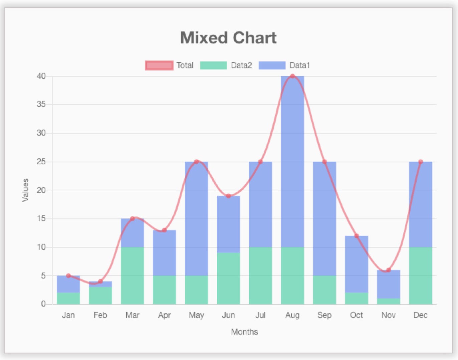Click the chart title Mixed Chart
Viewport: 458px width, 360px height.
click(x=228, y=38)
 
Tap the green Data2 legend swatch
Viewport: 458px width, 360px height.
click(x=213, y=65)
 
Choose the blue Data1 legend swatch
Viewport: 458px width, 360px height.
click(x=272, y=65)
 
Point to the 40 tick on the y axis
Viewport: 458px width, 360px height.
click(x=41, y=76)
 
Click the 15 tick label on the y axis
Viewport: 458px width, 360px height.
click(x=41, y=219)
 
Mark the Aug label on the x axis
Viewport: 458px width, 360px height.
click(x=292, y=315)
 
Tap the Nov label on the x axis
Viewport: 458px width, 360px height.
click(x=388, y=315)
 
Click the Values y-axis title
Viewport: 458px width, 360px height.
click(x=25, y=190)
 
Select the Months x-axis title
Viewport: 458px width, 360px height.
click(x=244, y=332)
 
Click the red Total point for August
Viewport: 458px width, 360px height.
click(x=292, y=76)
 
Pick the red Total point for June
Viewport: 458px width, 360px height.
click(x=228, y=196)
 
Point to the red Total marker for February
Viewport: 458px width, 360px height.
click(x=100, y=281)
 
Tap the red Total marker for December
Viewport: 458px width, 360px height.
click(x=420, y=162)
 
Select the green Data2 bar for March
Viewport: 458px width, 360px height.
click(x=133, y=276)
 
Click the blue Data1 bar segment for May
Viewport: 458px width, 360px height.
click(x=196, y=219)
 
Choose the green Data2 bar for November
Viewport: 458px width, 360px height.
click(x=388, y=301)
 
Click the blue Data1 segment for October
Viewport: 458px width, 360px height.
click(x=357, y=264)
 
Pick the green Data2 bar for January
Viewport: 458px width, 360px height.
click(x=68, y=298)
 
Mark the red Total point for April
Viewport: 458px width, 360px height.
click(x=164, y=230)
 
